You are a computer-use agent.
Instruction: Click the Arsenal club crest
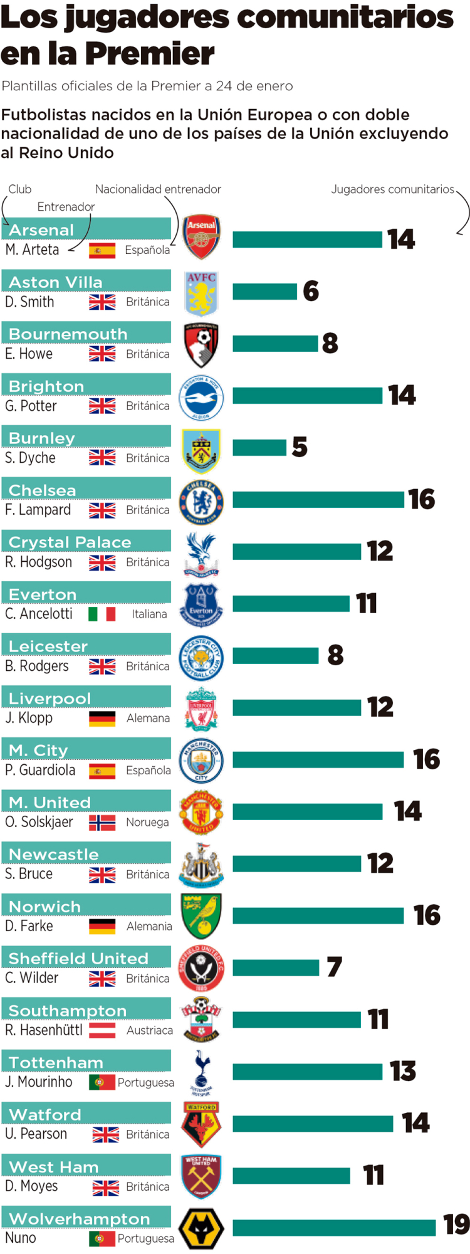(201, 238)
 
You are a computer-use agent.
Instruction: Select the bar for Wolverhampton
(334, 1227)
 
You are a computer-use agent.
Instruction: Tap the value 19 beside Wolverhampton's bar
(456, 1225)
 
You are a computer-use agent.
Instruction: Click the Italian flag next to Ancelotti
(102, 614)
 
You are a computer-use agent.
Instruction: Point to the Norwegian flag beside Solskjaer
(102, 822)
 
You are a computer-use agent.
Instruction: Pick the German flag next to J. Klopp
(102, 718)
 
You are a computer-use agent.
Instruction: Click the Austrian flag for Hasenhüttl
(102, 1030)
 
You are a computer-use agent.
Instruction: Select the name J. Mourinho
(39, 1082)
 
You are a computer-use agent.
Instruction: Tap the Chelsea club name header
(42, 490)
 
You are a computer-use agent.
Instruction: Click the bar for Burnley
(259, 447)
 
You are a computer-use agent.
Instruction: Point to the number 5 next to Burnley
(300, 447)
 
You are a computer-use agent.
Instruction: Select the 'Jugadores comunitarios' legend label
(392, 189)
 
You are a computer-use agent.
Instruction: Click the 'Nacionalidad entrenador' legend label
(158, 189)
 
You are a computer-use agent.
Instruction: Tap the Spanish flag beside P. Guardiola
(102, 770)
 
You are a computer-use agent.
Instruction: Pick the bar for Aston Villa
(264, 291)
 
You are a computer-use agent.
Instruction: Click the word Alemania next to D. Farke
(149, 926)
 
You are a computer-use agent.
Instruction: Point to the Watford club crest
(201, 1124)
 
